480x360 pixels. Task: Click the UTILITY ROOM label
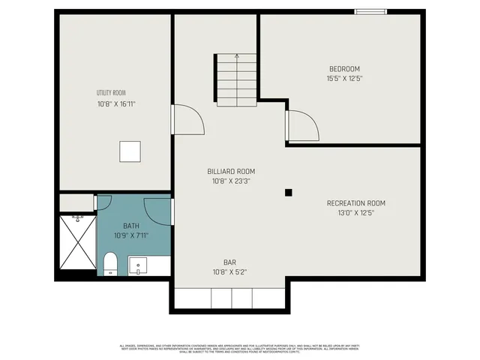tap(110, 93)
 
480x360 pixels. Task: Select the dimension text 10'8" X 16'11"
tap(116, 105)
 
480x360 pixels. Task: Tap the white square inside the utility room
tap(130, 151)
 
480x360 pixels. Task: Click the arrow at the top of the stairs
tap(237, 57)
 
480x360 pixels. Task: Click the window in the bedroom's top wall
tap(370, 11)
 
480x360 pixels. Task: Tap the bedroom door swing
tap(302, 125)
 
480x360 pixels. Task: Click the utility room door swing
tap(187, 120)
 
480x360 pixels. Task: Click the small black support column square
tap(288, 193)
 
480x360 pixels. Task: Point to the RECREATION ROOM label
tap(355, 203)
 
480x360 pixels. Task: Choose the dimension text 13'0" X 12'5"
tap(355, 214)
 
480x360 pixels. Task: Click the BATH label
tap(131, 226)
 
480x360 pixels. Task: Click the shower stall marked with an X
tap(78, 243)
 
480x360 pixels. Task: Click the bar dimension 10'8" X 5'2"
tap(229, 272)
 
